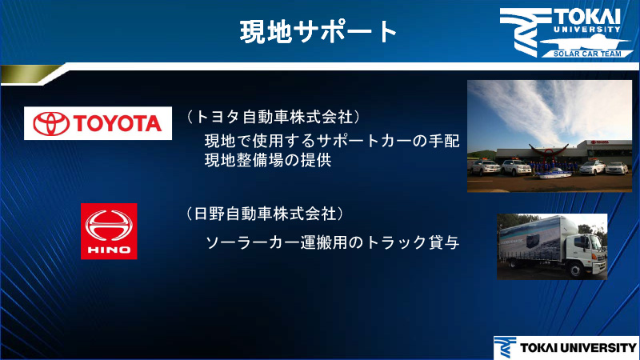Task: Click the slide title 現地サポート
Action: point(319,31)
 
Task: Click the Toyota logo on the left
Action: point(98,122)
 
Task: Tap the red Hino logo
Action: point(109,230)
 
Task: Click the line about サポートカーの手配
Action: point(332,141)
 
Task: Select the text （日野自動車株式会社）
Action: point(265,214)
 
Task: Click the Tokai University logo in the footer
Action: point(564,346)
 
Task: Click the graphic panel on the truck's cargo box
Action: point(532,243)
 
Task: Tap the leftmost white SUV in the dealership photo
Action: point(486,168)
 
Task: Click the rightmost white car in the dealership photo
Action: point(614,168)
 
